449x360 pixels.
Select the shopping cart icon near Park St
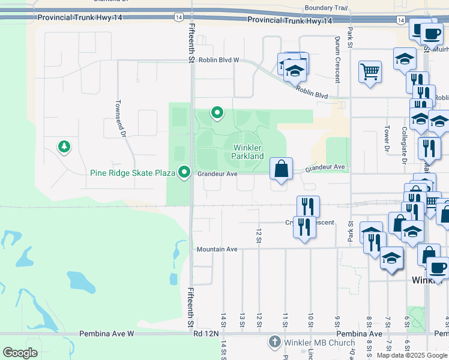click(x=370, y=73)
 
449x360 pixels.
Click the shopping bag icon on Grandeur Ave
click(x=281, y=169)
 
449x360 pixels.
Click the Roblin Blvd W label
click(x=219, y=60)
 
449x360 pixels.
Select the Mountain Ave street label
click(x=217, y=249)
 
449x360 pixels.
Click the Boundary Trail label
click(x=326, y=8)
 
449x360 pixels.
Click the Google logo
click(x=20, y=353)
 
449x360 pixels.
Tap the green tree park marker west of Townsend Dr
click(x=63, y=146)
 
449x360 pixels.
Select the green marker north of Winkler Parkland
click(x=217, y=112)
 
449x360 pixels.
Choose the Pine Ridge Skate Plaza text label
click(x=132, y=173)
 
